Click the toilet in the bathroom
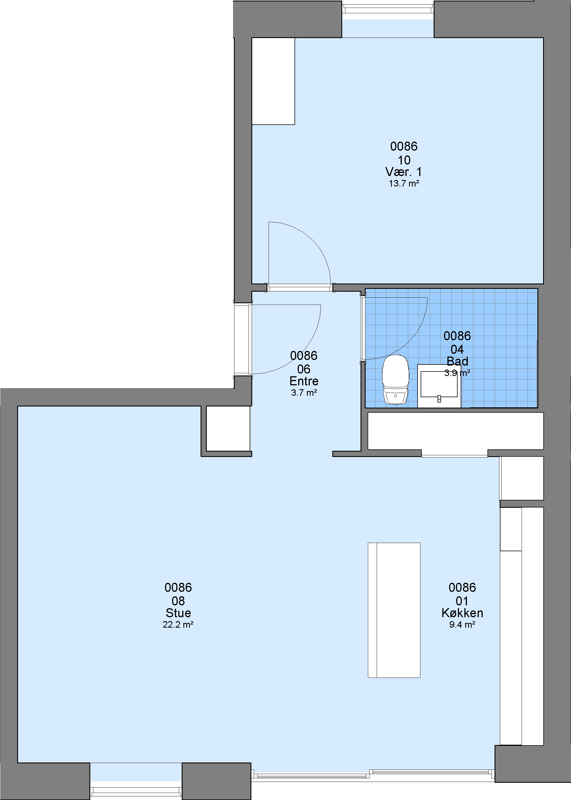point(396,380)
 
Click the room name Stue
point(178,613)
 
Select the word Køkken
point(462,613)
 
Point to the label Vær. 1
point(404,172)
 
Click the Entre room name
point(304,381)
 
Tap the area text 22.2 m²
point(178,624)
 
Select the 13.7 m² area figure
point(404,183)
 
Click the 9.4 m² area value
point(462,624)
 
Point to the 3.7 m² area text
point(304,393)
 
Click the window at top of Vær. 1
point(388,9)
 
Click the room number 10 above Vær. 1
point(404,160)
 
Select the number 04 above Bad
point(457,350)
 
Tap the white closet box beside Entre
point(228,428)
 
